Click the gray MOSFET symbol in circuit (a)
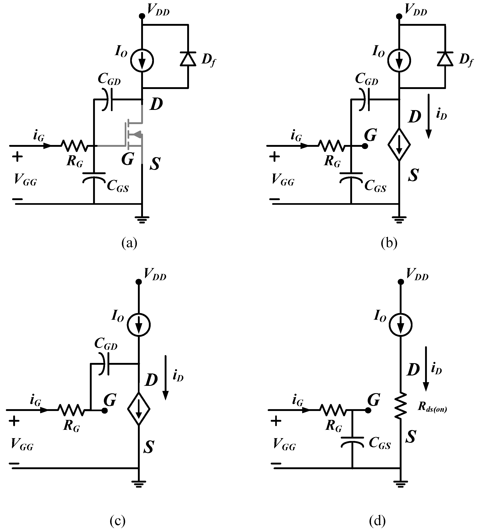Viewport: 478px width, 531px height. [134, 134]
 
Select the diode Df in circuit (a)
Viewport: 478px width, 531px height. [188, 59]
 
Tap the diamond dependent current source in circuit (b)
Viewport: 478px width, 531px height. [399, 145]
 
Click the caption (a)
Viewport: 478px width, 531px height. [129, 243]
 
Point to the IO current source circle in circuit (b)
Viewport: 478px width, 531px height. [399, 61]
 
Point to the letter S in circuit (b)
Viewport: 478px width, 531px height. [413, 175]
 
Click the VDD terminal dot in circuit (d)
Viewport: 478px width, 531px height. [401, 282]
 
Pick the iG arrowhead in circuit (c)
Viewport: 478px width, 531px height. [44, 410]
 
